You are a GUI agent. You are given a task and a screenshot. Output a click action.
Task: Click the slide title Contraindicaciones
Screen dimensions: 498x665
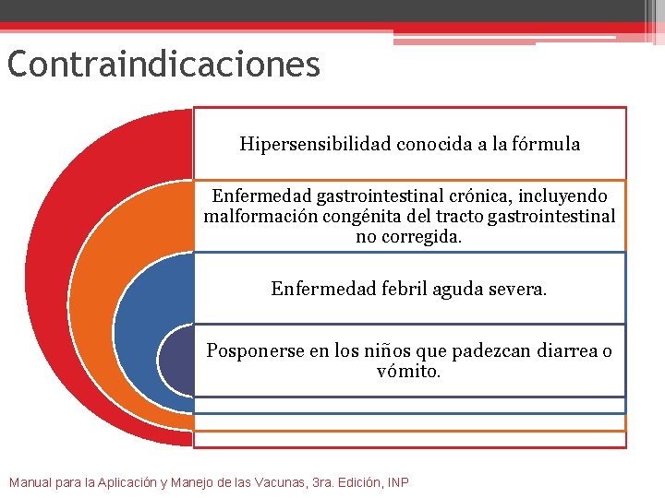coord(163,65)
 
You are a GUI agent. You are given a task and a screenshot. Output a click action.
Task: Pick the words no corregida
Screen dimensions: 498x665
coord(409,237)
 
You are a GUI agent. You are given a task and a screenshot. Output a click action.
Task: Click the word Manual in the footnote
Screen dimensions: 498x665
coord(30,482)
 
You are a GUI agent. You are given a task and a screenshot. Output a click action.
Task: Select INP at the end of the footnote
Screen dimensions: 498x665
coord(398,482)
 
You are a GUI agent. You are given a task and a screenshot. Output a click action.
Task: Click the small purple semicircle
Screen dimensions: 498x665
coord(175,360)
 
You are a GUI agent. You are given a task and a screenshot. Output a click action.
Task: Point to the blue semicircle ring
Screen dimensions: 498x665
coord(139,314)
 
